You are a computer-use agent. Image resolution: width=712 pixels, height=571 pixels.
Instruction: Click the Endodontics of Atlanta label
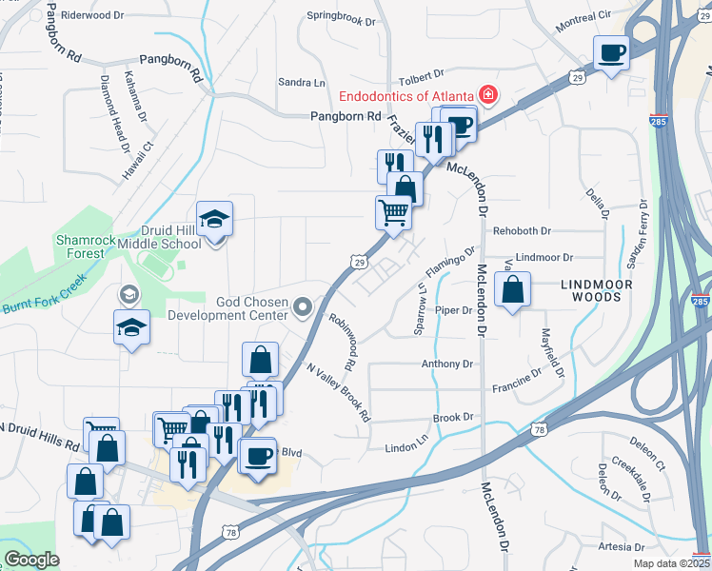[x=407, y=96]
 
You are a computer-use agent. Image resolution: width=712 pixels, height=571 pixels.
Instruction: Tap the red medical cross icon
[x=489, y=95]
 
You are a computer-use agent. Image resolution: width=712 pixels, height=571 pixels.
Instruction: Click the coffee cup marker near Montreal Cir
[x=612, y=52]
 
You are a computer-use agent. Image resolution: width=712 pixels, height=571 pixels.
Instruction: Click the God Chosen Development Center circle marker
[x=304, y=306]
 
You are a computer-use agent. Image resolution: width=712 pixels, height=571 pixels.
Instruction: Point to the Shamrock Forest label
[x=81, y=246]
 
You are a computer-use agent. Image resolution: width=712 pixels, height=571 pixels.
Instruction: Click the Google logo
[x=31, y=560]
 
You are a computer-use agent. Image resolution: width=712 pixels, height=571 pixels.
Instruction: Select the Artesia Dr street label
[x=622, y=547]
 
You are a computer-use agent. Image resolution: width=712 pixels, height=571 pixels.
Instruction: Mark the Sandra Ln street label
[x=295, y=84]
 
